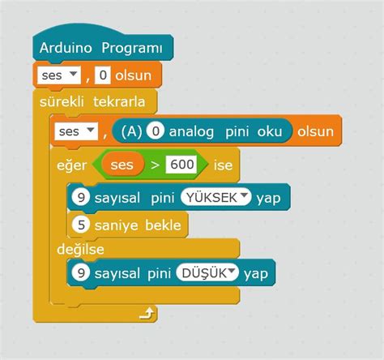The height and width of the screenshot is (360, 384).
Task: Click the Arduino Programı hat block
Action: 100,49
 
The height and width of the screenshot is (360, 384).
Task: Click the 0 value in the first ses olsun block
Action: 103,75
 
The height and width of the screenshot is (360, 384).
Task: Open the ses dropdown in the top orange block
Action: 59,75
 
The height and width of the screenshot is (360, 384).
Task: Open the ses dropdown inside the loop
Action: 76,130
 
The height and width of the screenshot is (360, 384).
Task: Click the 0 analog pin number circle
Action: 157,131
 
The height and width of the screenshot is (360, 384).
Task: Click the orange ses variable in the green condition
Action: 122,165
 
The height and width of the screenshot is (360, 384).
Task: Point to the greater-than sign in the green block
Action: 154,165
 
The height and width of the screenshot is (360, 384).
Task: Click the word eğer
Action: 71,165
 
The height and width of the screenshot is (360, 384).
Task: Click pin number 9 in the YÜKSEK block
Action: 79,196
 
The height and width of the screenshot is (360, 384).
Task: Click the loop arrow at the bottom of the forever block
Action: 146,312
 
